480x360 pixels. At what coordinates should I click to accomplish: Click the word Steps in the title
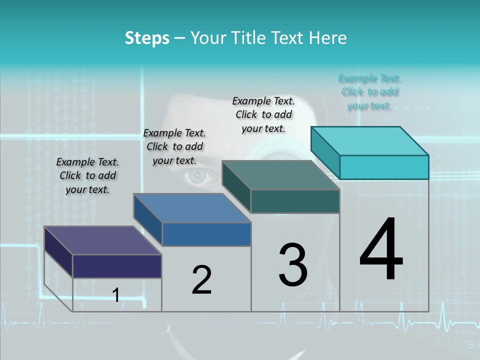[147, 38]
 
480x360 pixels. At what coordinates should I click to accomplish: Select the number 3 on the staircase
[293, 265]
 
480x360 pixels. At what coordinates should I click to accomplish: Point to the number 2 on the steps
[201, 280]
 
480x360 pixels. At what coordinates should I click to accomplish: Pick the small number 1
[116, 295]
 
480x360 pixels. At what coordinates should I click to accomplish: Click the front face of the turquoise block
[384, 167]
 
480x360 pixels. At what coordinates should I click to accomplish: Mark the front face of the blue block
[206, 234]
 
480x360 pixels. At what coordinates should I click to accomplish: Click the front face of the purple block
[117, 266]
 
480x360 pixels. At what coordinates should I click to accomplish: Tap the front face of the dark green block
[295, 201]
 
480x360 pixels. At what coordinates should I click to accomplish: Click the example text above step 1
[87, 175]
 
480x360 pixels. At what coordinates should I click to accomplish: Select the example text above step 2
[174, 146]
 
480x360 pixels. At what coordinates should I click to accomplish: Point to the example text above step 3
[263, 114]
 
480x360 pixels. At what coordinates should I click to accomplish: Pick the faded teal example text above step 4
[369, 92]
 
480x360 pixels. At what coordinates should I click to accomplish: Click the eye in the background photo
[198, 175]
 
